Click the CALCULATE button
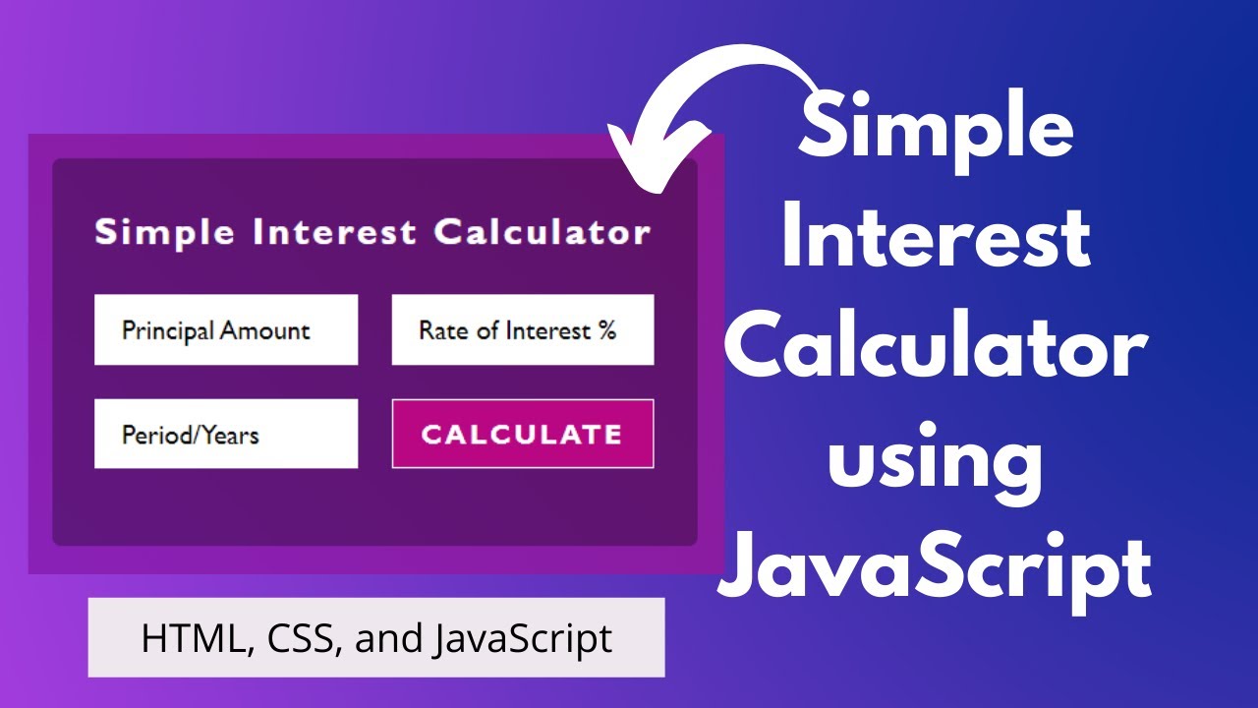522,434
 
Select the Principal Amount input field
226,330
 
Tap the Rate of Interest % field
522,330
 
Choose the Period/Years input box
226,434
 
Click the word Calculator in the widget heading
542,233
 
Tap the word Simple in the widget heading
164,233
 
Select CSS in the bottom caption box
296,638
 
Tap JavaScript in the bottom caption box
523,639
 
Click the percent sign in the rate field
606,330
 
